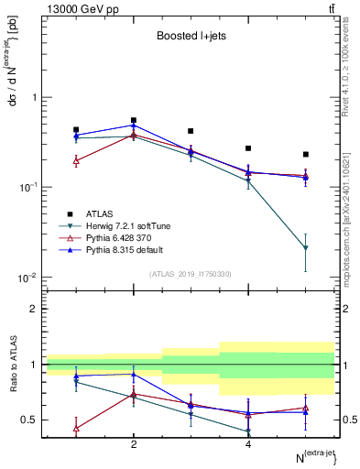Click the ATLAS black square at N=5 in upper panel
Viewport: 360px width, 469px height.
[x=306, y=154]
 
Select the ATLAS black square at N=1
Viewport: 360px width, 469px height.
[x=76, y=130]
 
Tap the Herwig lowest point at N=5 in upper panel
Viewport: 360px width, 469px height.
[x=306, y=248]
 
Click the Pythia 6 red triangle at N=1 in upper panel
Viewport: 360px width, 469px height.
[x=76, y=160]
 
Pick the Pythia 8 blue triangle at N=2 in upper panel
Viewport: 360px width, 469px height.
[x=134, y=125]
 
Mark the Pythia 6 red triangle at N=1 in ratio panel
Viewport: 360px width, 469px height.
[x=76, y=428]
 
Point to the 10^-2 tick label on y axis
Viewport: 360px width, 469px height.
[x=27, y=278]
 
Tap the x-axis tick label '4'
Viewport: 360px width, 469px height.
[x=248, y=444]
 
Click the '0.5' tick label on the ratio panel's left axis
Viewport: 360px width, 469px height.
[x=27, y=420]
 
